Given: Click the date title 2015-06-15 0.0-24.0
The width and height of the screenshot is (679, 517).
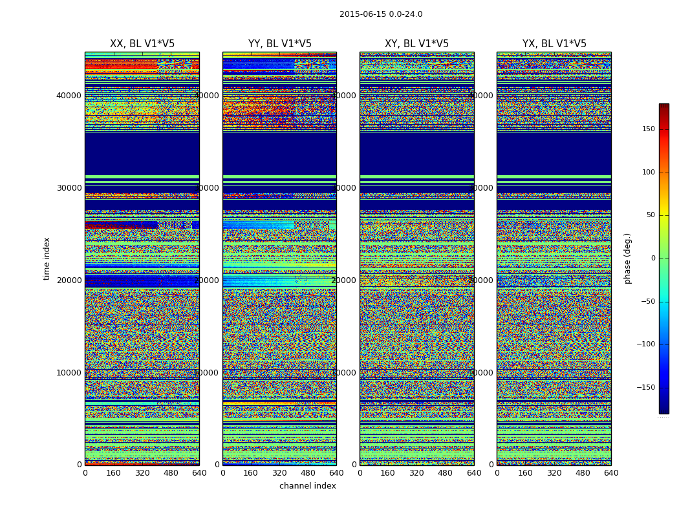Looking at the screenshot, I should (381, 14).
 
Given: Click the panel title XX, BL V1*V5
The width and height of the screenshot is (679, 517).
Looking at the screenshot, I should (142, 44).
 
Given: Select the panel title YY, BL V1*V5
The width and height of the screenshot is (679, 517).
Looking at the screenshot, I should (279, 44).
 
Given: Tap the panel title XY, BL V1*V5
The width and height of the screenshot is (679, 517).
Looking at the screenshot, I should (416, 44).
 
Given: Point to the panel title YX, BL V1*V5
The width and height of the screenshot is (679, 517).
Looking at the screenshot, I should (554, 44).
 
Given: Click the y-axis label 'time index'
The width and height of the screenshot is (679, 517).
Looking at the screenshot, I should (47, 258).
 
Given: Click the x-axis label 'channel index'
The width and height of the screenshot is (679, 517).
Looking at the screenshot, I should (308, 486).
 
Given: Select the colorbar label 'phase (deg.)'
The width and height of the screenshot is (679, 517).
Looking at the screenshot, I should (627, 258).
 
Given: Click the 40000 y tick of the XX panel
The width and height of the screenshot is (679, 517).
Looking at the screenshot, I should (69, 96).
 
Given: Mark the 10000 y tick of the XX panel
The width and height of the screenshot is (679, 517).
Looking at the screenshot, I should (69, 373).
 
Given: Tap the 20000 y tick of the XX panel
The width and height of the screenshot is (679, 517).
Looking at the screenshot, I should (69, 280).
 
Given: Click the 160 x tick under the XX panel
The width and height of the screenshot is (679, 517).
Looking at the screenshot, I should (113, 473).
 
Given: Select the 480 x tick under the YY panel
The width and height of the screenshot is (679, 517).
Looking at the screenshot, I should (308, 473).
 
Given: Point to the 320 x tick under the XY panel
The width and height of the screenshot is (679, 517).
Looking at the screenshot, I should (416, 473).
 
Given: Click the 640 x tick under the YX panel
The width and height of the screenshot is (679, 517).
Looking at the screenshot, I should (611, 473).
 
